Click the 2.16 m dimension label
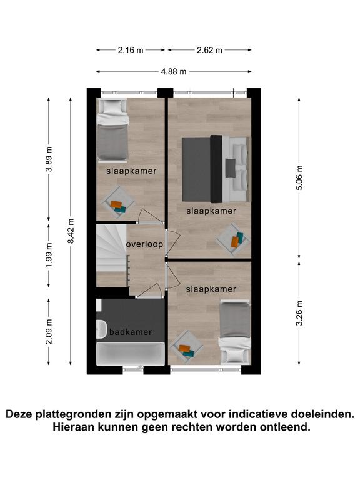[x=131, y=50]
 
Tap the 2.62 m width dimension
[x=209, y=50]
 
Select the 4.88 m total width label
[x=174, y=72]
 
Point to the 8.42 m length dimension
[x=71, y=231]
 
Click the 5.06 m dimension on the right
[x=299, y=178]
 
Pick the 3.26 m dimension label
[x=299, y=313]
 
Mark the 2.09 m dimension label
[x=49, y=331]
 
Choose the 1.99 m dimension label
[x=49, y=255]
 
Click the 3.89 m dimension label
[x=49, y=159]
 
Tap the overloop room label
[x=144, y=244]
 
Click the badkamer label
[x=131, y=332]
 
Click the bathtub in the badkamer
[x=131, y=354]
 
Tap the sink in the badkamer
[x=101, y=329]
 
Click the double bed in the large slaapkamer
[x=216, y=169]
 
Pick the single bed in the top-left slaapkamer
[x=112, y=130]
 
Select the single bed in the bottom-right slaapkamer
[x=235, y=331]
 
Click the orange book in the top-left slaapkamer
[x=116, y=204]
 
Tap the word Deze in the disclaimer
[x=19, y=414]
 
